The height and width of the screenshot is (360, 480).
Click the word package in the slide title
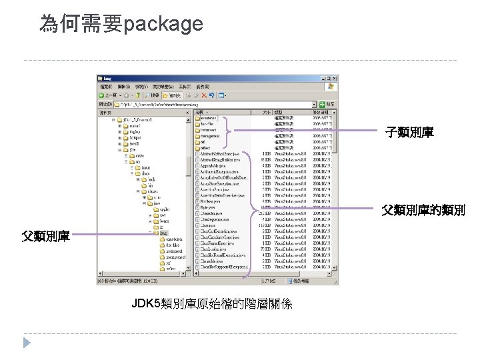[x=163, y=25]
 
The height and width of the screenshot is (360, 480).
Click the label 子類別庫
[x=409, y=133]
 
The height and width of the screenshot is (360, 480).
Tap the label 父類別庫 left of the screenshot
[x=45, y=235]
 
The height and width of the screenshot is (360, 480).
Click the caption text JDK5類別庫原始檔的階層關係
[x=211, y=304]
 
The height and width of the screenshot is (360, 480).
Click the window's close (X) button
[x=335, y=78]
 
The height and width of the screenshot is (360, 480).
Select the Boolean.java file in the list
[x=209, y=201]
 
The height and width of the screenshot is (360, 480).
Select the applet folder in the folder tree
[x=164, y=209]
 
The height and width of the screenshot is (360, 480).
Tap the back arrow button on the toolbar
[x=103, y=95]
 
